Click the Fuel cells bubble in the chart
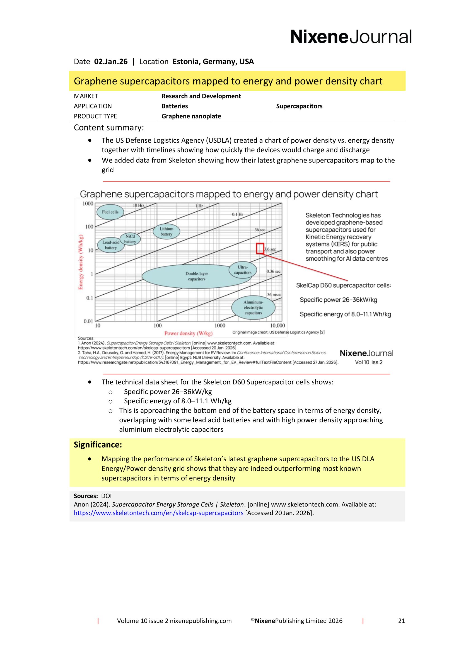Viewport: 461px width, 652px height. point(110,212)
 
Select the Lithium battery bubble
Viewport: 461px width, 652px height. point(166,231)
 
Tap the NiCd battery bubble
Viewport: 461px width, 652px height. point(130,239)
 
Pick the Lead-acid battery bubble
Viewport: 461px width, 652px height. point(110,245)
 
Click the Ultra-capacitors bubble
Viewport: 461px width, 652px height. point(243,270)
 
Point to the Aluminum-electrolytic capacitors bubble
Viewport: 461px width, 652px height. point(253,307)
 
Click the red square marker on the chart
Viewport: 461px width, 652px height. point(260,248)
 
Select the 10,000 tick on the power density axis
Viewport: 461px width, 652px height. point(277,325)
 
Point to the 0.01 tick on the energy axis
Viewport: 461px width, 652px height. point(88,321)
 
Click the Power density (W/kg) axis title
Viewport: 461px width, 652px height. point(188,333)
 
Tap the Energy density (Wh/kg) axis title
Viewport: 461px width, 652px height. point(81,262)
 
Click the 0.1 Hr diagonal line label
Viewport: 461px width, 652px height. point(237,214)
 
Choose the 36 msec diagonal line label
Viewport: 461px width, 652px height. point(274,295)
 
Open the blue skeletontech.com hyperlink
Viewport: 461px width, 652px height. point(158,513)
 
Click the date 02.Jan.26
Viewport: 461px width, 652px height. point(111,62)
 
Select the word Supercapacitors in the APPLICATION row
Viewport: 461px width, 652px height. point(299,106)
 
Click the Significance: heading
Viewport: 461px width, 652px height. point(98,445)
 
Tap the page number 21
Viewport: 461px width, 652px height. point(401,621)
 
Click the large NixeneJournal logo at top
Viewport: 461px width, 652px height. point(351,37)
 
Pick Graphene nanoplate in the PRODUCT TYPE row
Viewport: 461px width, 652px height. point(191,116)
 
